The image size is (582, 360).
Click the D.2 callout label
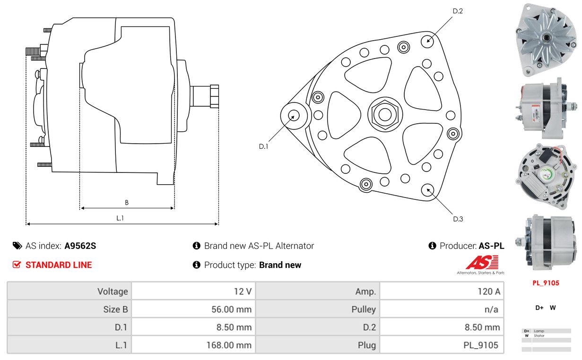point(458,11)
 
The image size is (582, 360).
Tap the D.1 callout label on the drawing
point(263,146)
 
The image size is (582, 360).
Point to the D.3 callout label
point(458,219)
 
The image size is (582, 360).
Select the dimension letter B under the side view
point(127,203)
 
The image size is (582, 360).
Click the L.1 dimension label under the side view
point(120,218)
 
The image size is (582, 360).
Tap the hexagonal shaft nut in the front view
point(385,114)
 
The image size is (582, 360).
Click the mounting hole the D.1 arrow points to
point(294,116)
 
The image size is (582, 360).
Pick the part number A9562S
point(80,246)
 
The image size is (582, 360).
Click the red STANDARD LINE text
point(59,265)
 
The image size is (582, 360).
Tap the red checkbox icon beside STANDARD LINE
point(17,265)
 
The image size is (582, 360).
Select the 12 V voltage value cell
point(193,291)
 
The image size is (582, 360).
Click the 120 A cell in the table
point(442,291)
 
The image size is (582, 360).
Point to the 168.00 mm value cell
point(193,345)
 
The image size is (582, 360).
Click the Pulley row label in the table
point(364,309)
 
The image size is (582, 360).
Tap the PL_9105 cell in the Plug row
point(442,345)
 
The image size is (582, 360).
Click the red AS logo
point(482,262)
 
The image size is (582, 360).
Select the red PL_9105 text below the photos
point(546,283)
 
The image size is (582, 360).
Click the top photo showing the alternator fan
point(546,40)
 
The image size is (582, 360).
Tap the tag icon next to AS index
point(17,246)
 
